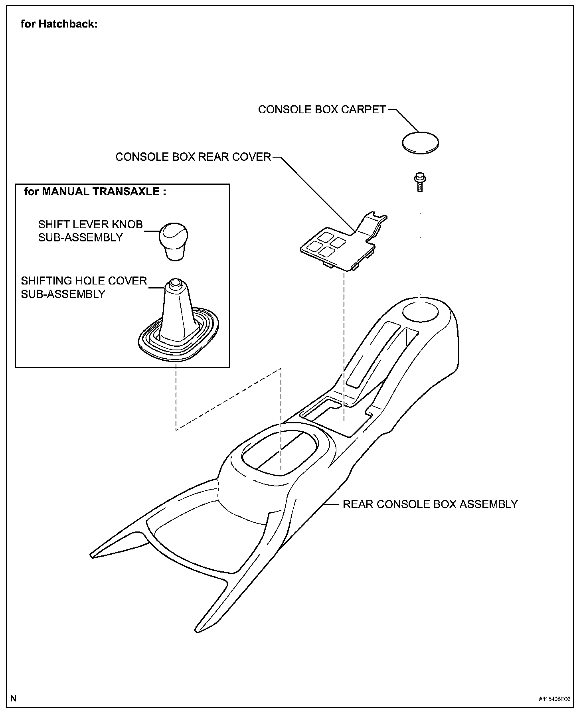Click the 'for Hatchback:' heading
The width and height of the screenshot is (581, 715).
coord(59,24)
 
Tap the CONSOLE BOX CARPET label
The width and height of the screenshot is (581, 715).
coord(322,110)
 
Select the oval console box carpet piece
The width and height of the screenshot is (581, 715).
coord(420,142)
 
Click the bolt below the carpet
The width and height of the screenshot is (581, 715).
coord(419,182)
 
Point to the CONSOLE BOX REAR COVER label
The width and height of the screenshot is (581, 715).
coord(193,157)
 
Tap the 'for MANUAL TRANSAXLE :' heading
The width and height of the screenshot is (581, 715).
coord(95,192)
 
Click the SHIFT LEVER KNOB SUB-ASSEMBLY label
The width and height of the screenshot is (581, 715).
coord(90,231)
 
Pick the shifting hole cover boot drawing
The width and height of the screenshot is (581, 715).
coord(178,323)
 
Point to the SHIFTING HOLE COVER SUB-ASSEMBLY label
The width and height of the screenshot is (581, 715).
coord(84,287)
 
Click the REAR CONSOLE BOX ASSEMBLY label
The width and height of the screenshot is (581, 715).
coord(430,504)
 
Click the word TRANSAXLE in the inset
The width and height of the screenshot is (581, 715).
coord(126,192)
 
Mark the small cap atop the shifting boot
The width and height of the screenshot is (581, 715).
coord(174,284)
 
